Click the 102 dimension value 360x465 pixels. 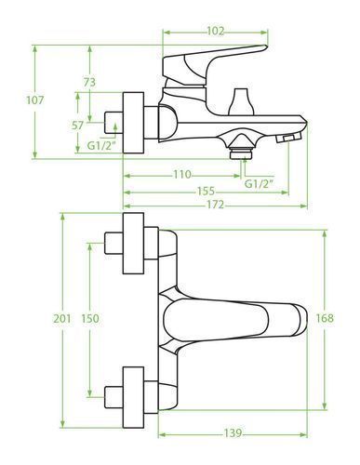click(x=215, y=31)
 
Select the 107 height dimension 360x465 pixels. click(x=35, y=100)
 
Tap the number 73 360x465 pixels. click(x=89, y=83)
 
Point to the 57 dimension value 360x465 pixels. click(x=77, y=126)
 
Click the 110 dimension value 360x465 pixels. click(x=182, y=175)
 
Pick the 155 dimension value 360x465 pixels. click(x=206, y=192)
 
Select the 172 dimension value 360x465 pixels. click(x=215, y=205)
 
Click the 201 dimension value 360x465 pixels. click(x=62, y=318)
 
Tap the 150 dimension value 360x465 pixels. click(x=90, y=318)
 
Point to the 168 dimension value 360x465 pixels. click(x=325, y=318)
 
